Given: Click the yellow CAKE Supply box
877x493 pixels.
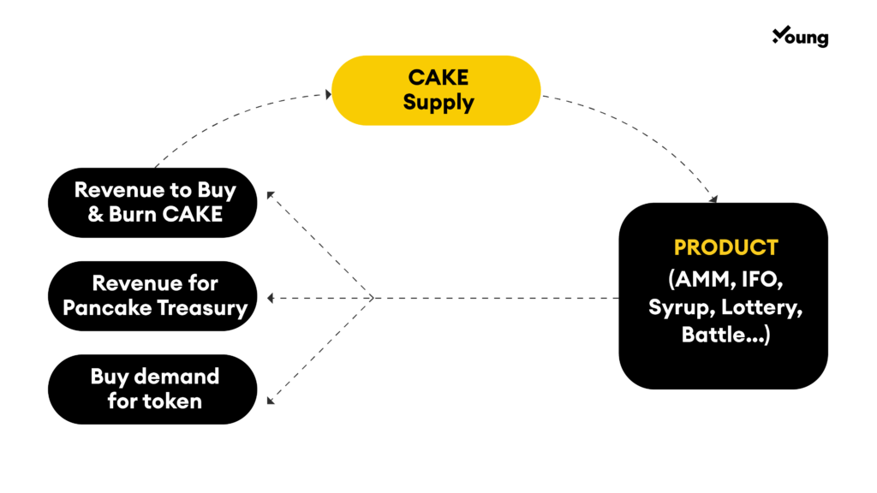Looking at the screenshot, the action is [x=436, y=90].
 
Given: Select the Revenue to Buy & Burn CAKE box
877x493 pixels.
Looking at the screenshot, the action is [x=152, y=202].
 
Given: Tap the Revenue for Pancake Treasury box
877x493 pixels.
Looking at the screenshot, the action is [x=152, y=295].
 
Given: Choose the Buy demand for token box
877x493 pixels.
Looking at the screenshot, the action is [x=152, y=389].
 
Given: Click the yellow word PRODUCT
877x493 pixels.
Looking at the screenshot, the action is [x=726, y=247].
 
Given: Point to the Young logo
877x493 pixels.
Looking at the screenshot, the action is [x=801, y=37].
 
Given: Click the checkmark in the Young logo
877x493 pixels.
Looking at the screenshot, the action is [x=781, y=34].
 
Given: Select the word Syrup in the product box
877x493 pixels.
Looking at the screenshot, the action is [x=681, y=308].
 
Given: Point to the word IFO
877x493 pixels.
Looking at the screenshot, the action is [x=761, y=280].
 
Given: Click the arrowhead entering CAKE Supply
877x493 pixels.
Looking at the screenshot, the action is [x=328, y=94].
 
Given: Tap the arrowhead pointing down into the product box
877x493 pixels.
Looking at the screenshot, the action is [x=713, y=199].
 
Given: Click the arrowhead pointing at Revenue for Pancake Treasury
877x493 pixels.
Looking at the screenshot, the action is [x=271, y=299].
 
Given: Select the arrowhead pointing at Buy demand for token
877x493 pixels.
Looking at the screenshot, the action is [x=270, y=401].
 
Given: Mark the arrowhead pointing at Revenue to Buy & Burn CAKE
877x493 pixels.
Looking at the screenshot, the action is [x=270, y=194].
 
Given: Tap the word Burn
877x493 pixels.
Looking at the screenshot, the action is [x=130, y=215].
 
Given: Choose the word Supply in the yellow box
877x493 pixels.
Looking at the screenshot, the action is [x=438, y=104].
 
